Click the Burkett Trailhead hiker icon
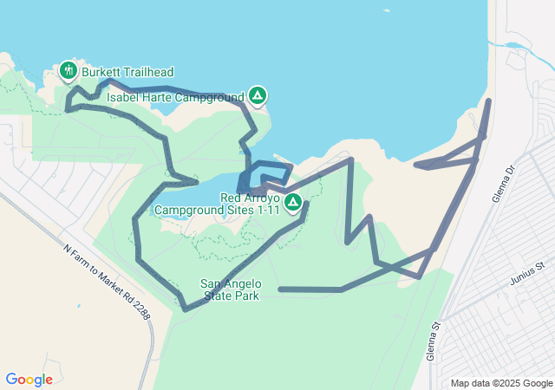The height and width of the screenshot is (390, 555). click(69, 69)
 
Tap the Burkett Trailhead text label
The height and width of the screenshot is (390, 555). click(127, 71)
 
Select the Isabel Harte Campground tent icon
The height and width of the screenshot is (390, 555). click(258, 94)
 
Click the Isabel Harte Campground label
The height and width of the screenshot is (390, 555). click(175, 98)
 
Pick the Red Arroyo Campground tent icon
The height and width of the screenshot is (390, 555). click(293, 202)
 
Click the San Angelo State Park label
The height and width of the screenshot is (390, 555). click(231, 289)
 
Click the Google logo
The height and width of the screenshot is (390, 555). click(29, 380)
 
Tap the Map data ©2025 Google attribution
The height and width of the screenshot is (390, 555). click(502, 383)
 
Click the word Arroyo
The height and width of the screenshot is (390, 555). click(261, 198)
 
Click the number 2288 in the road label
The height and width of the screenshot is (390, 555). click(139, 309)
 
